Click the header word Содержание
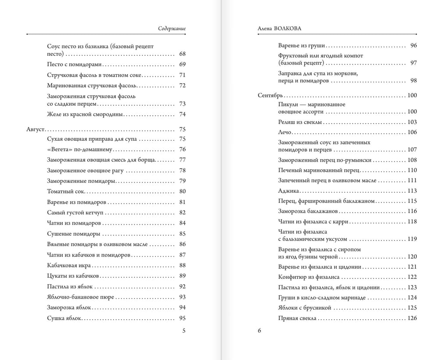point(172,29)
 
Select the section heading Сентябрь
point(270,95)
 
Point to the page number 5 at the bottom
point(184,331)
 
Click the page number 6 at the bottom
point(259,331)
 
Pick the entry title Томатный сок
point(66,191)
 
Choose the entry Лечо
point(285,132)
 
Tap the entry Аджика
point(288,191)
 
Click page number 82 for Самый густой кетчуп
point(182,212)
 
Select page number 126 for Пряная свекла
point(412,318)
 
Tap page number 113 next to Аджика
point(412,191)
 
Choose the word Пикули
point(289,104)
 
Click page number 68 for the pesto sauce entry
point(182,54)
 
